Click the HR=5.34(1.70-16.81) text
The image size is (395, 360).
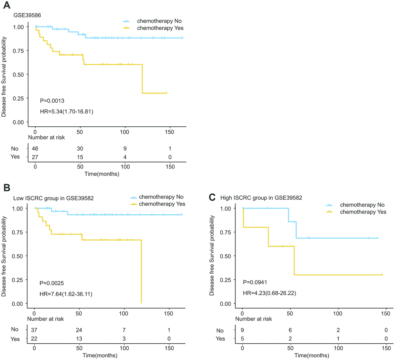(x=66, y=112)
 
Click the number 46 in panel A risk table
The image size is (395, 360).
(x=35, y=148)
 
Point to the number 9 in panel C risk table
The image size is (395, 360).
(x=242, y=330)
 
